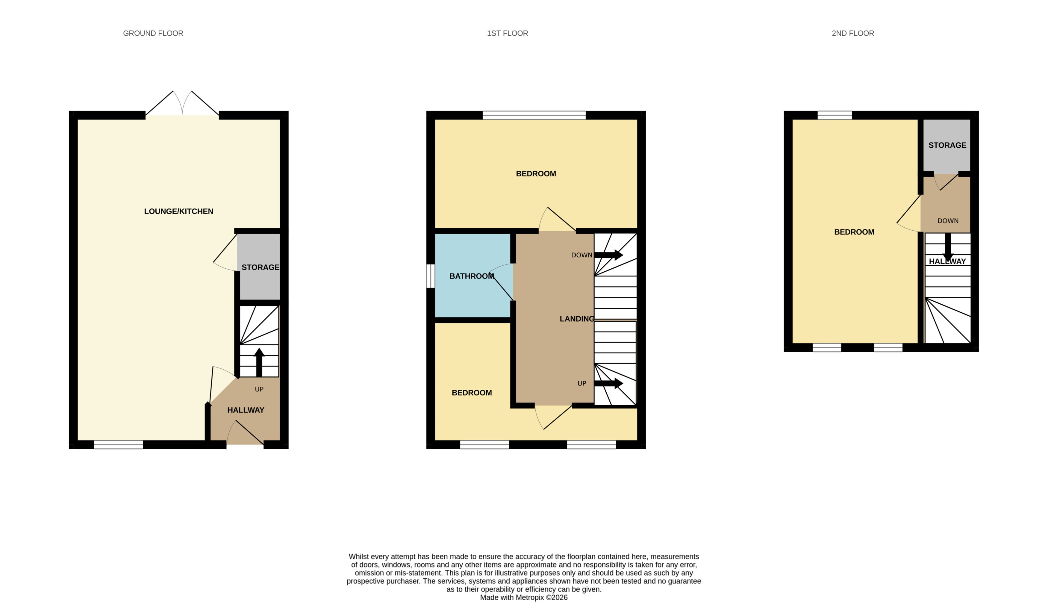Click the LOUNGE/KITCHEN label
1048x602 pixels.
click(x=178, y=211)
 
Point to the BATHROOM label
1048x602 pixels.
click(x=472, y=276)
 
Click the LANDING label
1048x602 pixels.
click(x=576, y=319)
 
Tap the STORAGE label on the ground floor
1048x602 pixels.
click(x=260, y=267)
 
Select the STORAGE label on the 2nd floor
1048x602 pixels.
click(x=947, y=145)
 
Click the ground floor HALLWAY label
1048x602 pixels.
click(x=246, y=410)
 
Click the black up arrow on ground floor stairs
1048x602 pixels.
click(x=259, y=361)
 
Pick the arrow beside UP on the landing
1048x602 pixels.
click(x=608, y=383)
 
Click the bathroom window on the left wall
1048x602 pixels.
click(x=431, y=276)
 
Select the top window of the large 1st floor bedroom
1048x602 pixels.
click(x=534, y=115)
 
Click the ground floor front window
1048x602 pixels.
click(x=118, y=444)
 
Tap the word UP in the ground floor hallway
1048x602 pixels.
click(x=259, y=389)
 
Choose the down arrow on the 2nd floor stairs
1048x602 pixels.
click(x=948, y=247)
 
